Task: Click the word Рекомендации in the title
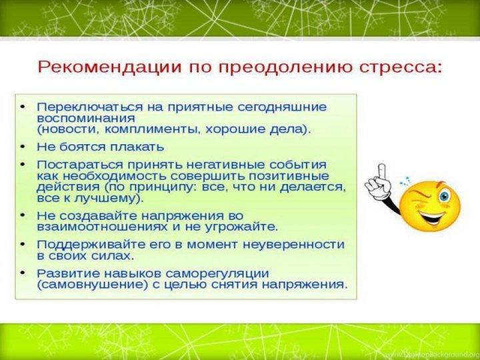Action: click(x=109, y=67)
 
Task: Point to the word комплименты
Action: click(x=153, y=129)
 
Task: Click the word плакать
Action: click(x=137, y=147)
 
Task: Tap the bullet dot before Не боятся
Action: click(x=23, y=147)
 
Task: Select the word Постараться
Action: click(x=80, y=165)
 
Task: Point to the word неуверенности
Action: click(x=294, y=245)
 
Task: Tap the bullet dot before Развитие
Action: click(x=23, y=273)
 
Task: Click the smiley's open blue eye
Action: click(x=444, y=196)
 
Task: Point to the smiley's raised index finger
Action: click(x=382, y=172)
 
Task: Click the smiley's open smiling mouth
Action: click(x=431, y=217)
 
